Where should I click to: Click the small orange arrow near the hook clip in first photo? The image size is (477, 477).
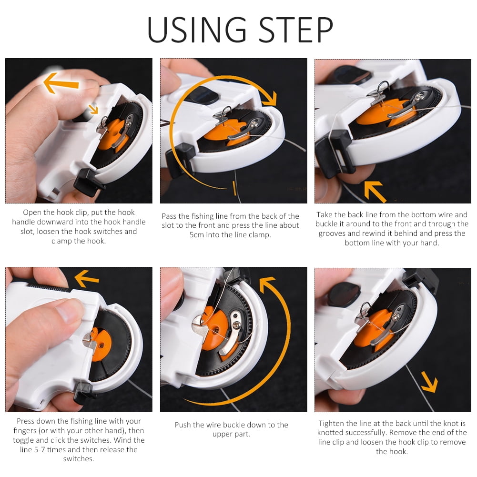[92, 109]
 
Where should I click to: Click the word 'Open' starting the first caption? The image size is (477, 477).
[32, 213]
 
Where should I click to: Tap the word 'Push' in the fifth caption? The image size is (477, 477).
[183, 425]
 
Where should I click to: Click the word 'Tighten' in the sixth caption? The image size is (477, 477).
[332, 423]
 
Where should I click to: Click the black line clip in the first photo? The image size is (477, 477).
[88, 182]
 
